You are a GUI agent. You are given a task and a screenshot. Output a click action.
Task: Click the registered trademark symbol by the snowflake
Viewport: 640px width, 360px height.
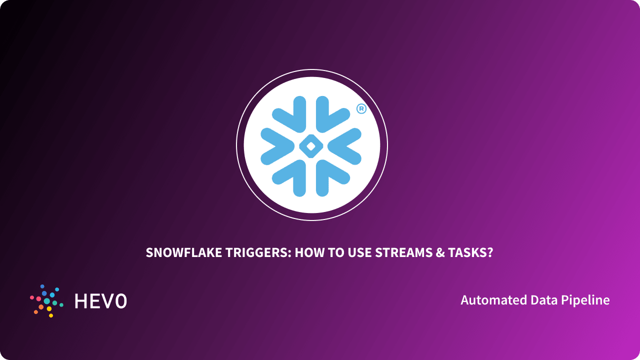tap(360, 109)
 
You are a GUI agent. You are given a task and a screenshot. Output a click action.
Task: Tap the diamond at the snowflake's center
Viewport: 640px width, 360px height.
tap(310, 146)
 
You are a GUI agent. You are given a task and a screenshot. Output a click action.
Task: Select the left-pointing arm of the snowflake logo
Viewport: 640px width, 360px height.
tap(276, 145)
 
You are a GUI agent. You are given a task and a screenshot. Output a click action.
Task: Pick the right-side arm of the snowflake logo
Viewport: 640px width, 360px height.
tap(345, 145)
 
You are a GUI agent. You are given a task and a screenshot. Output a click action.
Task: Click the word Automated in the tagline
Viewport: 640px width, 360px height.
tap(494, 300)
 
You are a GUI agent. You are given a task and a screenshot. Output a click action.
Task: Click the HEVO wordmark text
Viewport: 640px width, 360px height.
tap(100, 301)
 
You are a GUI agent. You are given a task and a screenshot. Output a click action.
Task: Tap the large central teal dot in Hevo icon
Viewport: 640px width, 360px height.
tap(47, 301)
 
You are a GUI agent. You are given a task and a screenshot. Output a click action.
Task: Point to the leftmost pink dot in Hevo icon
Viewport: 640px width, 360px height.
tap(32, 297)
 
